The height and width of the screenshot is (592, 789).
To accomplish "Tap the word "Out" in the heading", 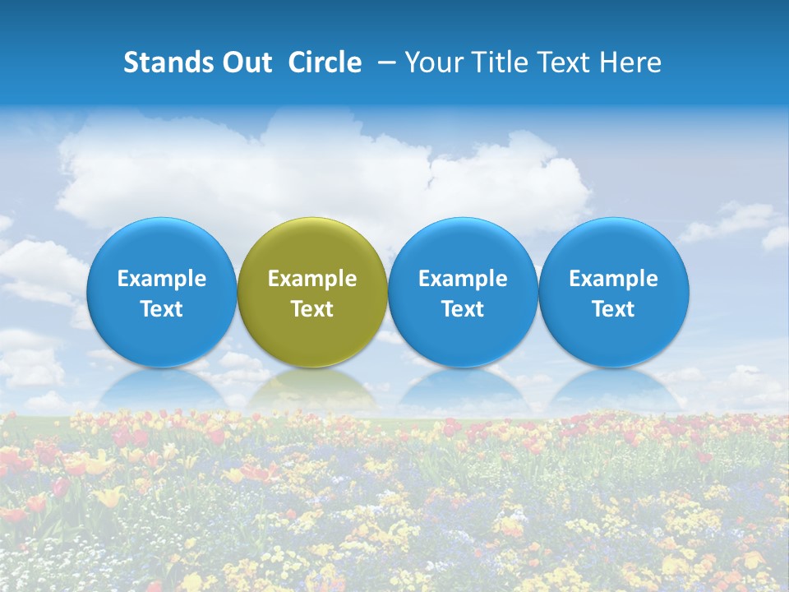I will coord(245,62).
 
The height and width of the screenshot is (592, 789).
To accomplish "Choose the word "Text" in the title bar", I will coord(558,62).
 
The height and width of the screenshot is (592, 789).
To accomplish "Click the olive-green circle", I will coord(312,292).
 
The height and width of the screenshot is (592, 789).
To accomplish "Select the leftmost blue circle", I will coord(162,292).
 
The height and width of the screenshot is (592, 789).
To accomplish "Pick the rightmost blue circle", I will coord(613,292).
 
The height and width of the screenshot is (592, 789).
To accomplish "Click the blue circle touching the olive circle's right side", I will coord(463,292).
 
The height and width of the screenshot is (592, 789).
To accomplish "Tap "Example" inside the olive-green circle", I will coord(312,279).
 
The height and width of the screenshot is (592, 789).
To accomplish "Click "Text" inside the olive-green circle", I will coord(312,309).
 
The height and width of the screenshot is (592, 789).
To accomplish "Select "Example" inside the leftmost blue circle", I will coord(162,279).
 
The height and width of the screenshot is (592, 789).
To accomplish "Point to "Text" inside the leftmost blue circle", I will coord(162,309).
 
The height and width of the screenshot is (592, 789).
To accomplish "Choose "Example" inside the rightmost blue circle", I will coord(613,279).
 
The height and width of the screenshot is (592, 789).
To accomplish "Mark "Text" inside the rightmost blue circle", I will coord(613,309).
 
